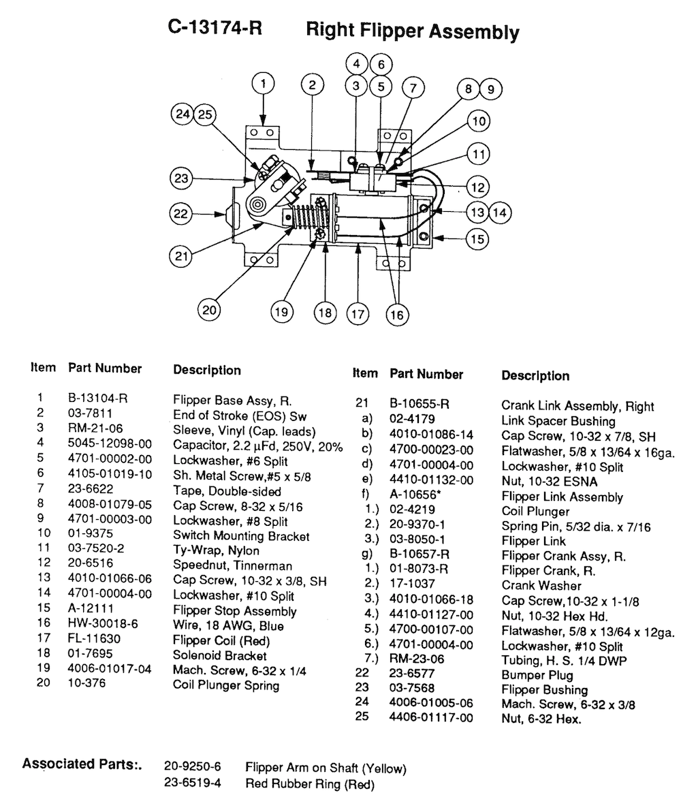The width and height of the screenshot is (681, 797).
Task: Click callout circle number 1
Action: click(x=264, y=84)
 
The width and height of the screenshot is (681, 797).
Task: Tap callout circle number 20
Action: click(x=210, y=310)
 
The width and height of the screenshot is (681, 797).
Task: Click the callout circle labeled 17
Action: click(x=358, y=314)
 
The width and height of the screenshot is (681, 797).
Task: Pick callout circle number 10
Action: click(x=479, y=122)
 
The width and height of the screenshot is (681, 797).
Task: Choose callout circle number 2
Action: click(x=312, y=85)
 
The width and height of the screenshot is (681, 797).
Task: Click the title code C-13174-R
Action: click(x=215, y=29)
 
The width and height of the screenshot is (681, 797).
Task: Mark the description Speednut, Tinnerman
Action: click(x=232, y=565)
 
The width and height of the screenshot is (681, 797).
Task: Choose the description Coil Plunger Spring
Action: click(x=226, y=685)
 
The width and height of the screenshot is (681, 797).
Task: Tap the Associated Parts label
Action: click(x=82, y=763)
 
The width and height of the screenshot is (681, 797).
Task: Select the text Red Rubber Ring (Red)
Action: click(x=310, y=784)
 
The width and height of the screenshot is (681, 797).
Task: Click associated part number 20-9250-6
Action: click(x=188, y=768)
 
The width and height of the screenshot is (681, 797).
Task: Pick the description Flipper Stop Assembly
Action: click(x=235, y=610)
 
